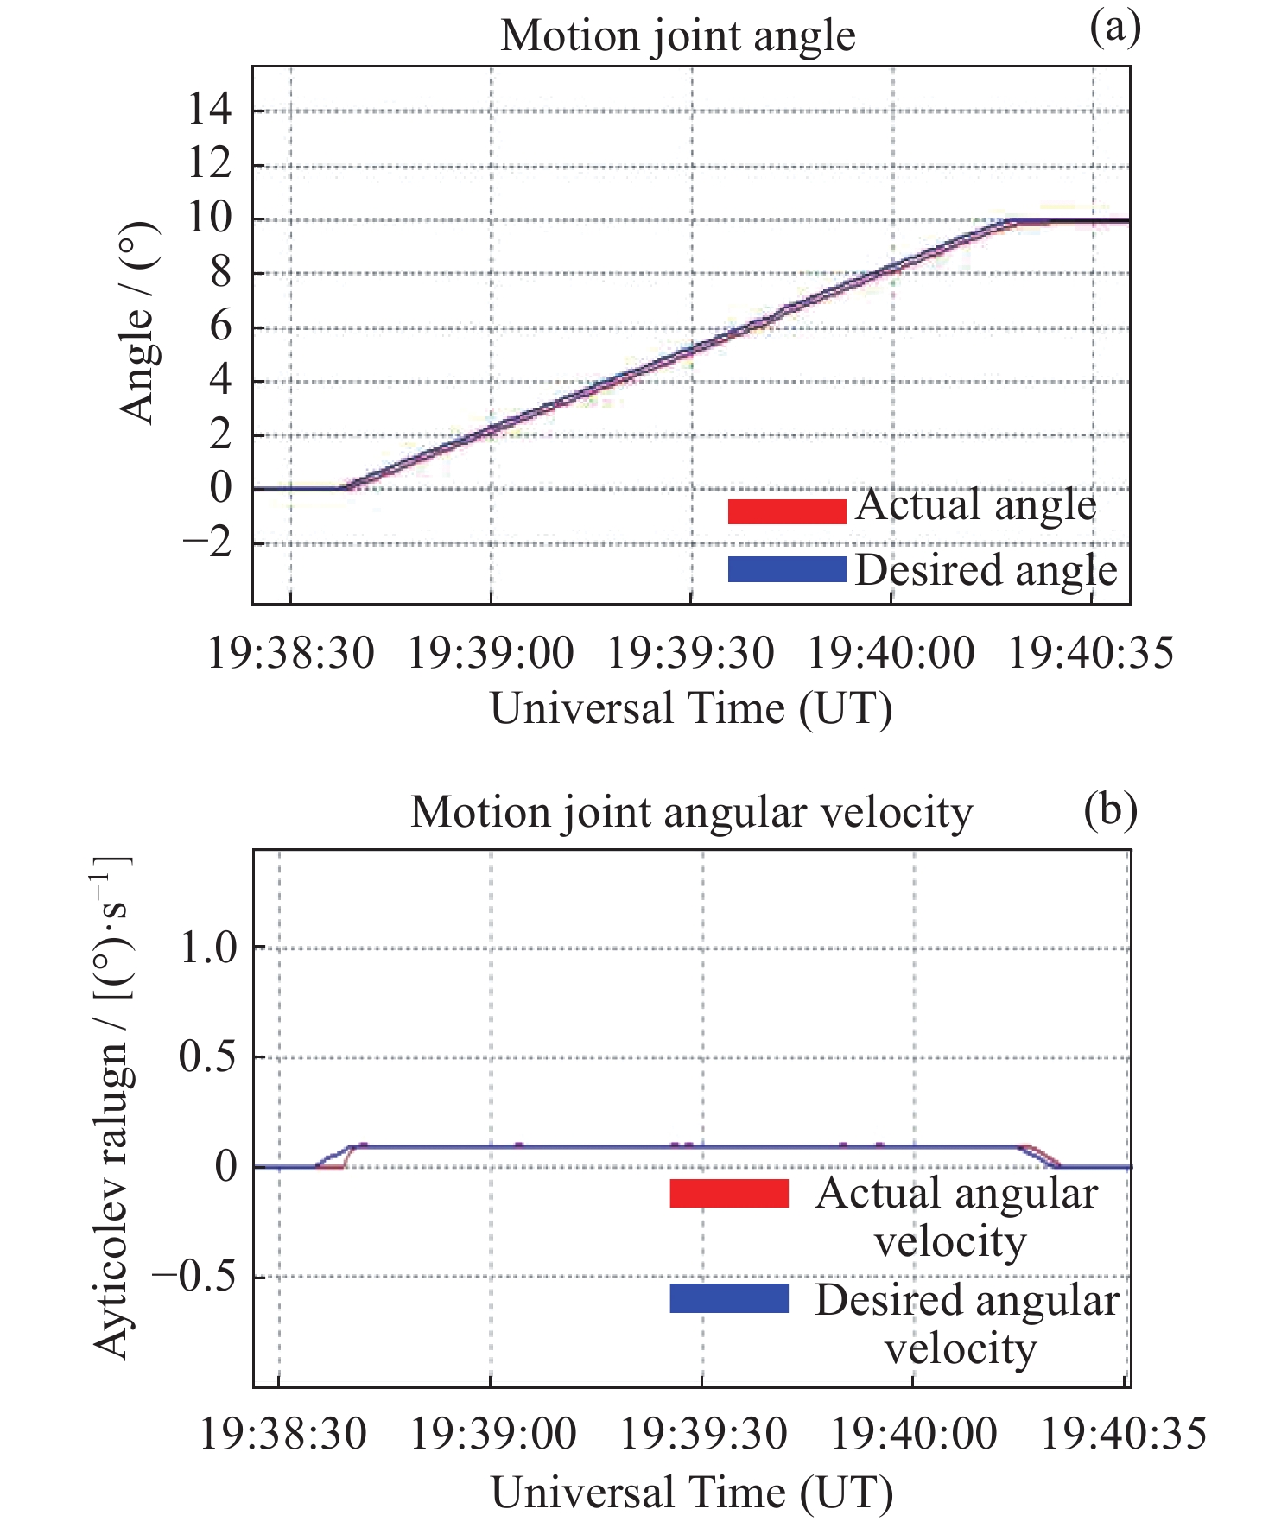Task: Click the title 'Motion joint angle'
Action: point(678,37)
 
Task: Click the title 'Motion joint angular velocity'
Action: point(691,813)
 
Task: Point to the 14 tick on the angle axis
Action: point(210,110)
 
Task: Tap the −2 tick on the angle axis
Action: point(208,543)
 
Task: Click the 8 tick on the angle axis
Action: point(221,273)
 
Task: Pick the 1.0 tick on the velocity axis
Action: point(207,948)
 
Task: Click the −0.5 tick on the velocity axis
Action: point(194,1276)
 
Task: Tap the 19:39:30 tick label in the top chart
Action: point(690,653)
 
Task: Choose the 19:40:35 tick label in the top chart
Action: point(1091,653)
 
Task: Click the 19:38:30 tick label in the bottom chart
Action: point(283,1435)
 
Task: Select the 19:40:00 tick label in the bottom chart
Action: point(913,1435)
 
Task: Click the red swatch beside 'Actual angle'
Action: point(786,511)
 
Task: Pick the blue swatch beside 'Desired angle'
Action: point(786,569)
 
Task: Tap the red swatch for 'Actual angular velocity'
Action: point(729,1193)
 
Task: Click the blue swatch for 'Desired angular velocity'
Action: point(729,1298)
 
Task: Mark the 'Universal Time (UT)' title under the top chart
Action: point(691,709)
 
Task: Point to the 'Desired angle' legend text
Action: point(986,571)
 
